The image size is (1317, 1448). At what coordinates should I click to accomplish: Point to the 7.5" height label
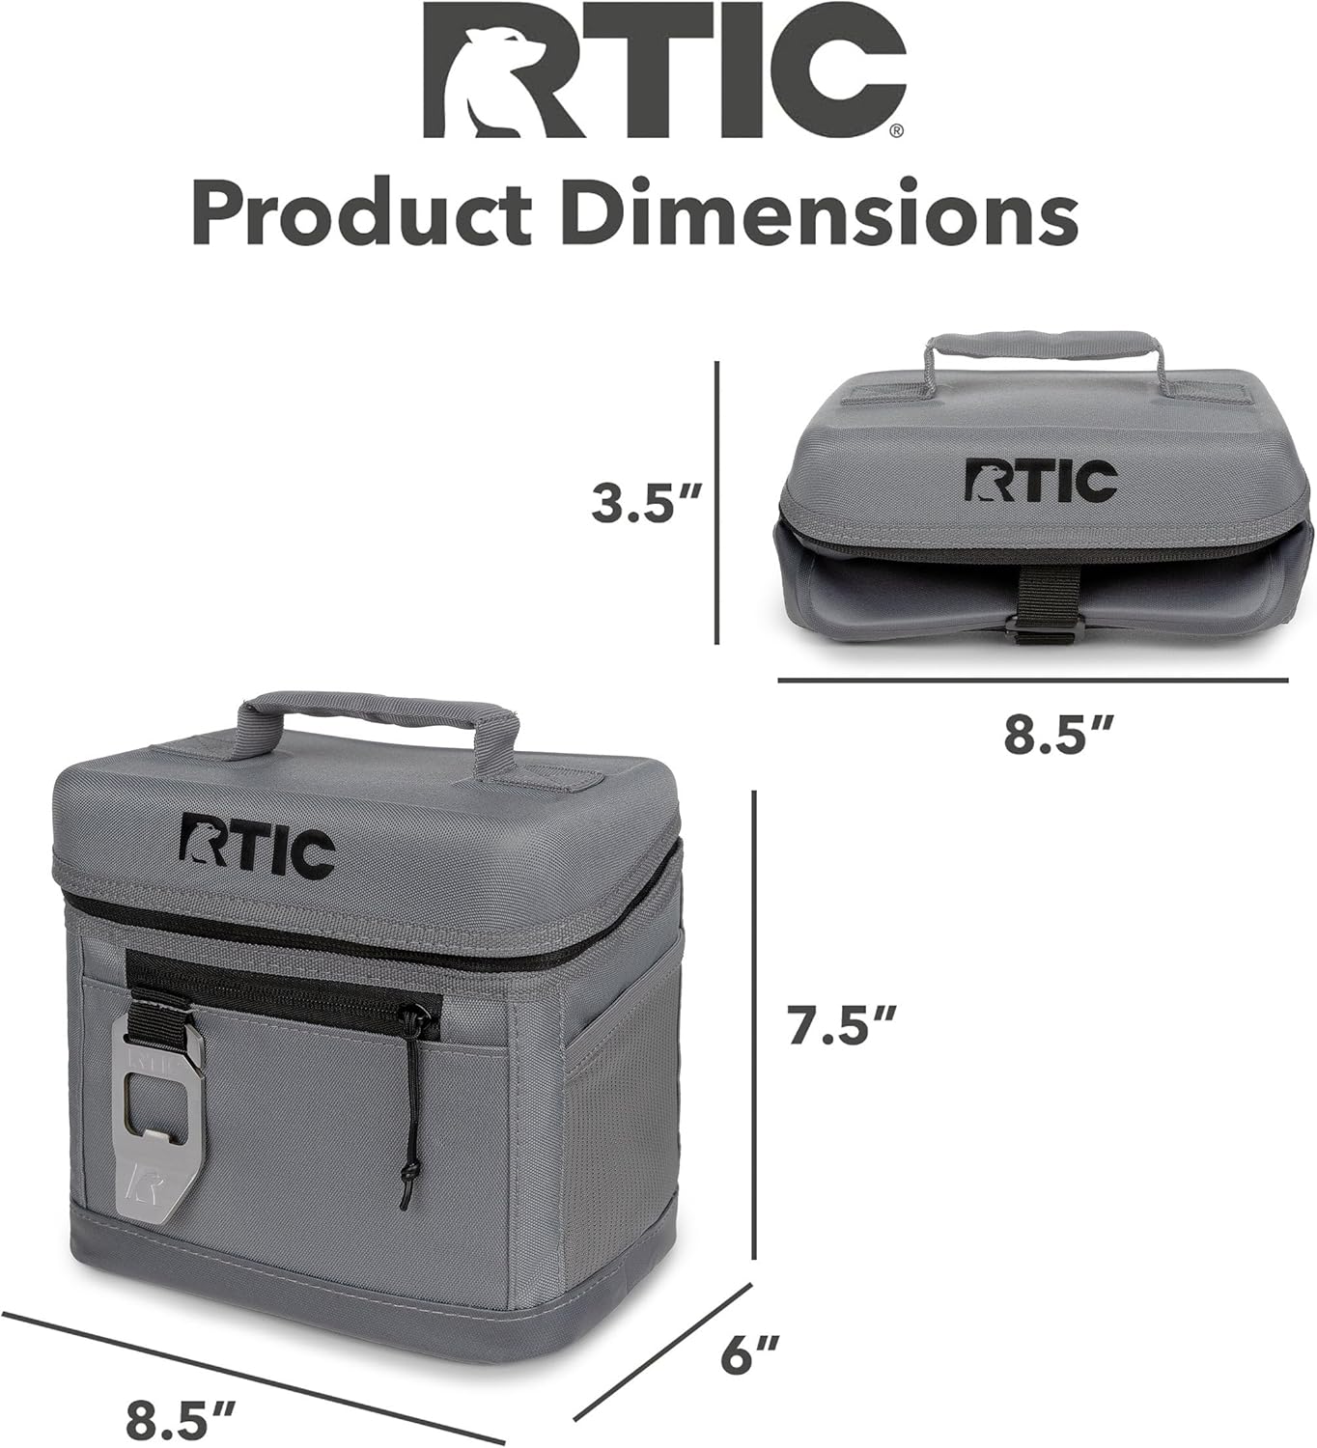click(842, 1025)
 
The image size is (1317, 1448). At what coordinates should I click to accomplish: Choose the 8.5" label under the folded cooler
click(1059, 736)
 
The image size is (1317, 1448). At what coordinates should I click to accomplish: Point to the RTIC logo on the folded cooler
click(1040, 482)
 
